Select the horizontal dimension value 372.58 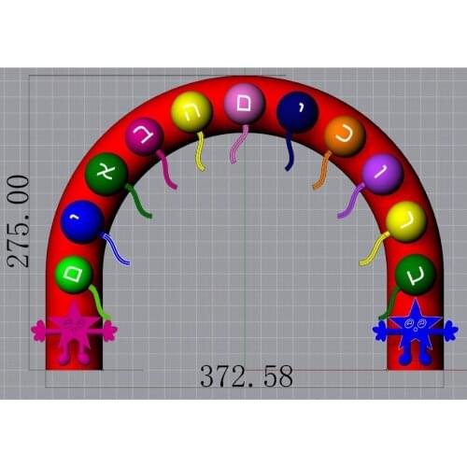pyautogui.click(x=246, y=377)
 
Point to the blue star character pyautogui.click(x=415, y=330)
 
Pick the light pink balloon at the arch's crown pyautogui.click(x=243, y=102)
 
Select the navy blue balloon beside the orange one pyautogui.click(x=297, y=112)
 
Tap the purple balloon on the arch pyautogui.click(x=382, y=174)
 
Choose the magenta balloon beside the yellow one pyautogui.click(x=145, y=137)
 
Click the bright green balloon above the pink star pyautogui.click(x=74, y=274)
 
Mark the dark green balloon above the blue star pyautogui.click(x=415, y=274)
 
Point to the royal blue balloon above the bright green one pyautogui.click(x=82, y=222)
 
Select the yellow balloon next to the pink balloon pyautogui.click(x=191, y=112)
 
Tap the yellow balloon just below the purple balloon pyautogui.click(x=406, y=220)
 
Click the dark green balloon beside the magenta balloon pyautogui.click(x=106, y=174)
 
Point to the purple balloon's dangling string pyautogui.click(x=351, y=200)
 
